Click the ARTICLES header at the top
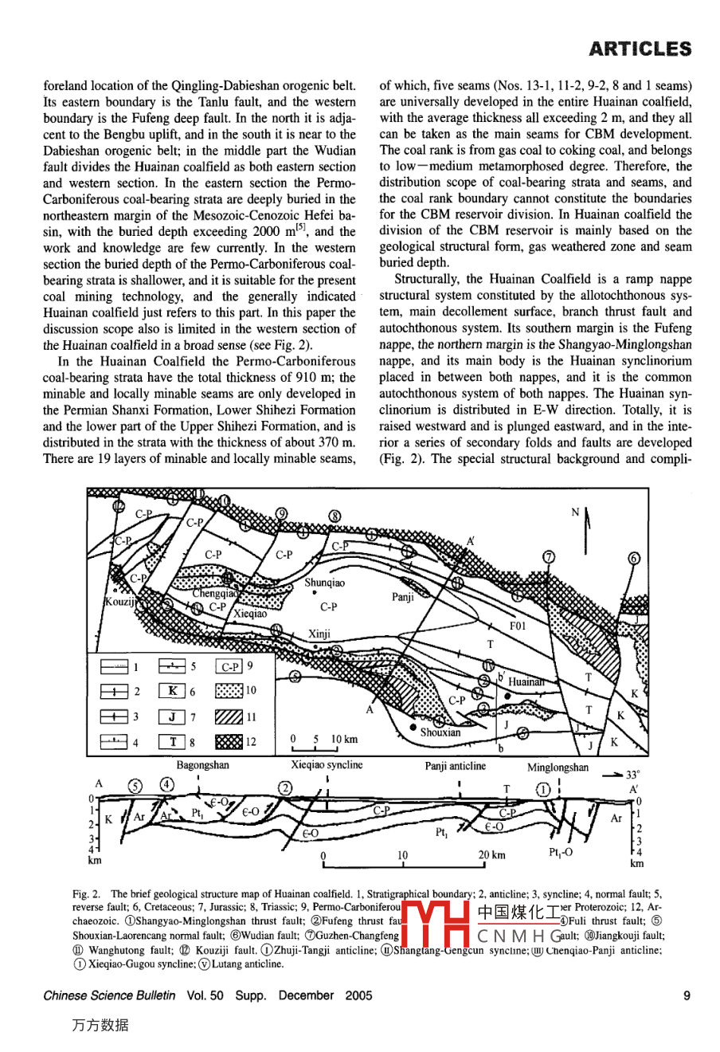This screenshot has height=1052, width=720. click(x=640, y=49)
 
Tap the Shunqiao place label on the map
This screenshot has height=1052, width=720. click(x=325, y=583)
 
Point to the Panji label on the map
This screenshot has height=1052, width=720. click(x=403, y=597)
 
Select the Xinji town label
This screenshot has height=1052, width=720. click(x=319, y=634)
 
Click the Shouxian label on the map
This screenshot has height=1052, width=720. click(x=440, y=732)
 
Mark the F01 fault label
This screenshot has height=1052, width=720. click(x=518, y=626)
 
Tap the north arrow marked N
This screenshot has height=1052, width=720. click(x=586, y=526)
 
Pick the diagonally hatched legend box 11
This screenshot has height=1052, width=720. click(x=229, y=716)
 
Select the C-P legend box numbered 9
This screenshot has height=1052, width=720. click(x=229, y=666)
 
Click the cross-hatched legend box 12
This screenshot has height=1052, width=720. click(x=229, y=742)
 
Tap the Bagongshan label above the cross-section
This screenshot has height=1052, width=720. click(x=202, y=765)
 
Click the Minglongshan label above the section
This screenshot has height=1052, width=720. click(x=558, y=767)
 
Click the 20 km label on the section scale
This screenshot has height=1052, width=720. click(x=491, y=855)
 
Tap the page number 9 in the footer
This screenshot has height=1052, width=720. click(x=687, y=995)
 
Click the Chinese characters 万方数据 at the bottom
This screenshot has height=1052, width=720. click(x=100, y=1025)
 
